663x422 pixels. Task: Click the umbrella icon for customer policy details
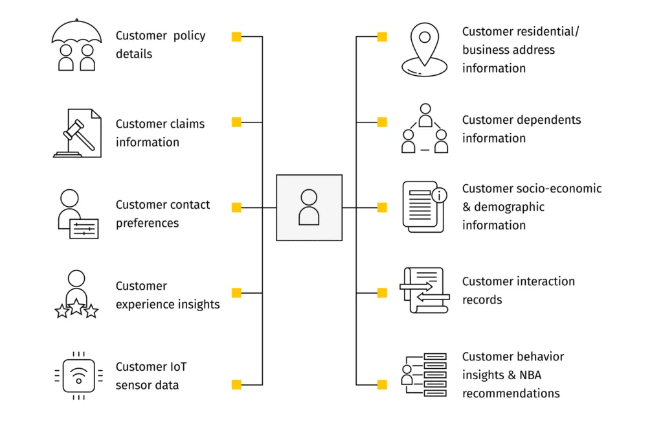pos(76,45)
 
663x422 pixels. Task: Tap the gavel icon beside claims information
pos(77,133)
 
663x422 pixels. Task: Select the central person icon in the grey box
pos(309,207)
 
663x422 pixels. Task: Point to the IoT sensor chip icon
pos(78,375)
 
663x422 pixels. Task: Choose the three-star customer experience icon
pos(76,294)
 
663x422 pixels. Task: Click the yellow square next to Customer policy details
pos(236,37)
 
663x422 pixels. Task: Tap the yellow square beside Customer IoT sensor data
pos(236,384)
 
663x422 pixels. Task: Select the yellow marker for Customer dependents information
pos(382,122)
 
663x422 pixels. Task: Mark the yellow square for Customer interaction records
pos(382,293)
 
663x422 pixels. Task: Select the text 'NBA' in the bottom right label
pos(530,375)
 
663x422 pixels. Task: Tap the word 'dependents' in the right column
pos(550,120)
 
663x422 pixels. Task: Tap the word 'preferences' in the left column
pos(147,223)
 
